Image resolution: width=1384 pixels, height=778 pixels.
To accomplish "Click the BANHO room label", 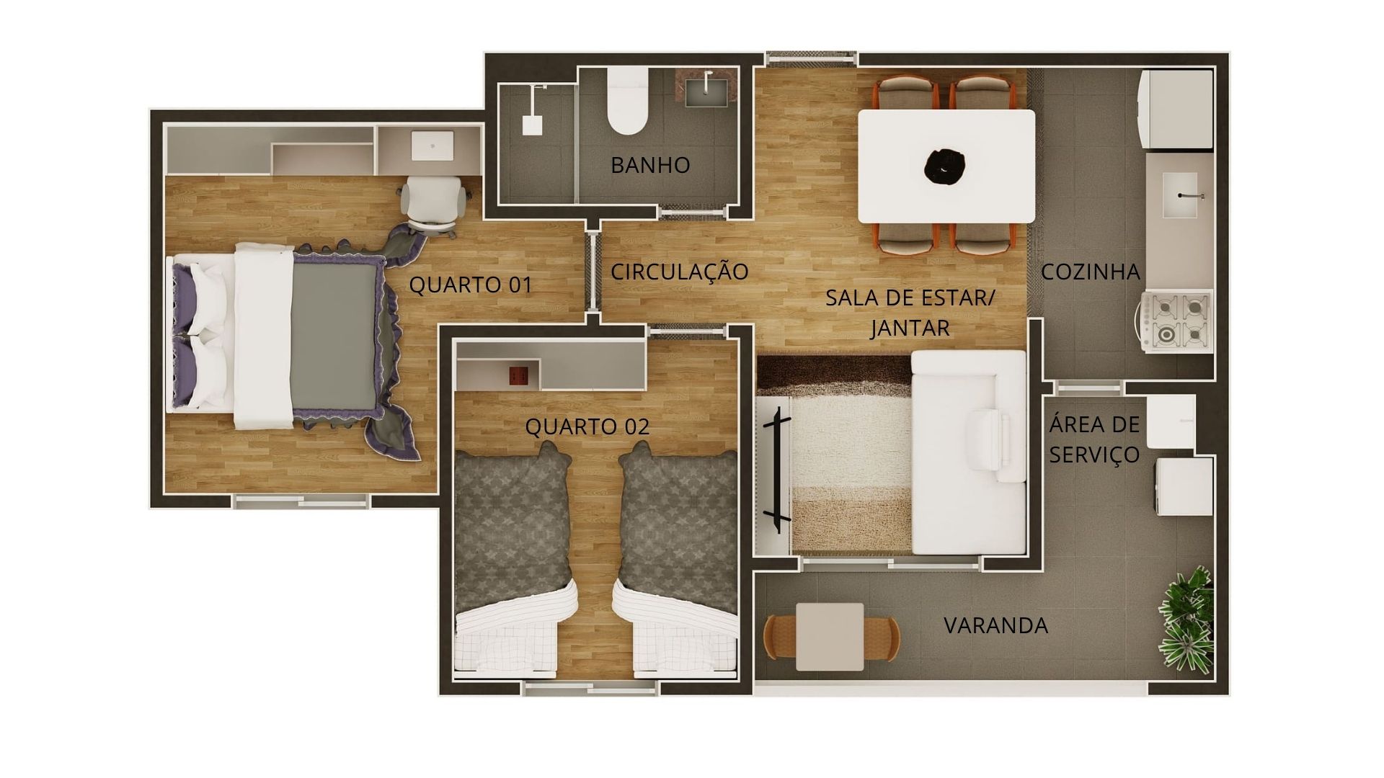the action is (x=650, y=165).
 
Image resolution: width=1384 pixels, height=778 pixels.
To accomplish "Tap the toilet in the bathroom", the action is (x=626, y=102).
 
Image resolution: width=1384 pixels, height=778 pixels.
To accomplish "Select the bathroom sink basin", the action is (x=706, y=90).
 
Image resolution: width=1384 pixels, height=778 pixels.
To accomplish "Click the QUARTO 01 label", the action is (x=471, y=285).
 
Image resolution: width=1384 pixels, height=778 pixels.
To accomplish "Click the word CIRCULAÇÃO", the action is (x=680, y=272).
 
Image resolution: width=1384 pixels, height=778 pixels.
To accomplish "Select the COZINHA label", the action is (x=1091, y=272).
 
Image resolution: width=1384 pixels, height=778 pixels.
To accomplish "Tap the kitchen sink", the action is (x=1180, y=194).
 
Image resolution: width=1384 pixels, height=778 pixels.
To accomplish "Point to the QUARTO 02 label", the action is (x=587, y=426).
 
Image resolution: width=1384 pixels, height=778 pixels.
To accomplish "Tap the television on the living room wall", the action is (x=776, y=469).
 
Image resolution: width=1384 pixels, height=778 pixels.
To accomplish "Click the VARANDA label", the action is (x=996, y=625).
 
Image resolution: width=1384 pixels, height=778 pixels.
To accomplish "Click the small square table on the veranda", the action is (x=830, y=635).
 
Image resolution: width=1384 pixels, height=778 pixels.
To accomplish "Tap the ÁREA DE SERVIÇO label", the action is (x=1094, y=439).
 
